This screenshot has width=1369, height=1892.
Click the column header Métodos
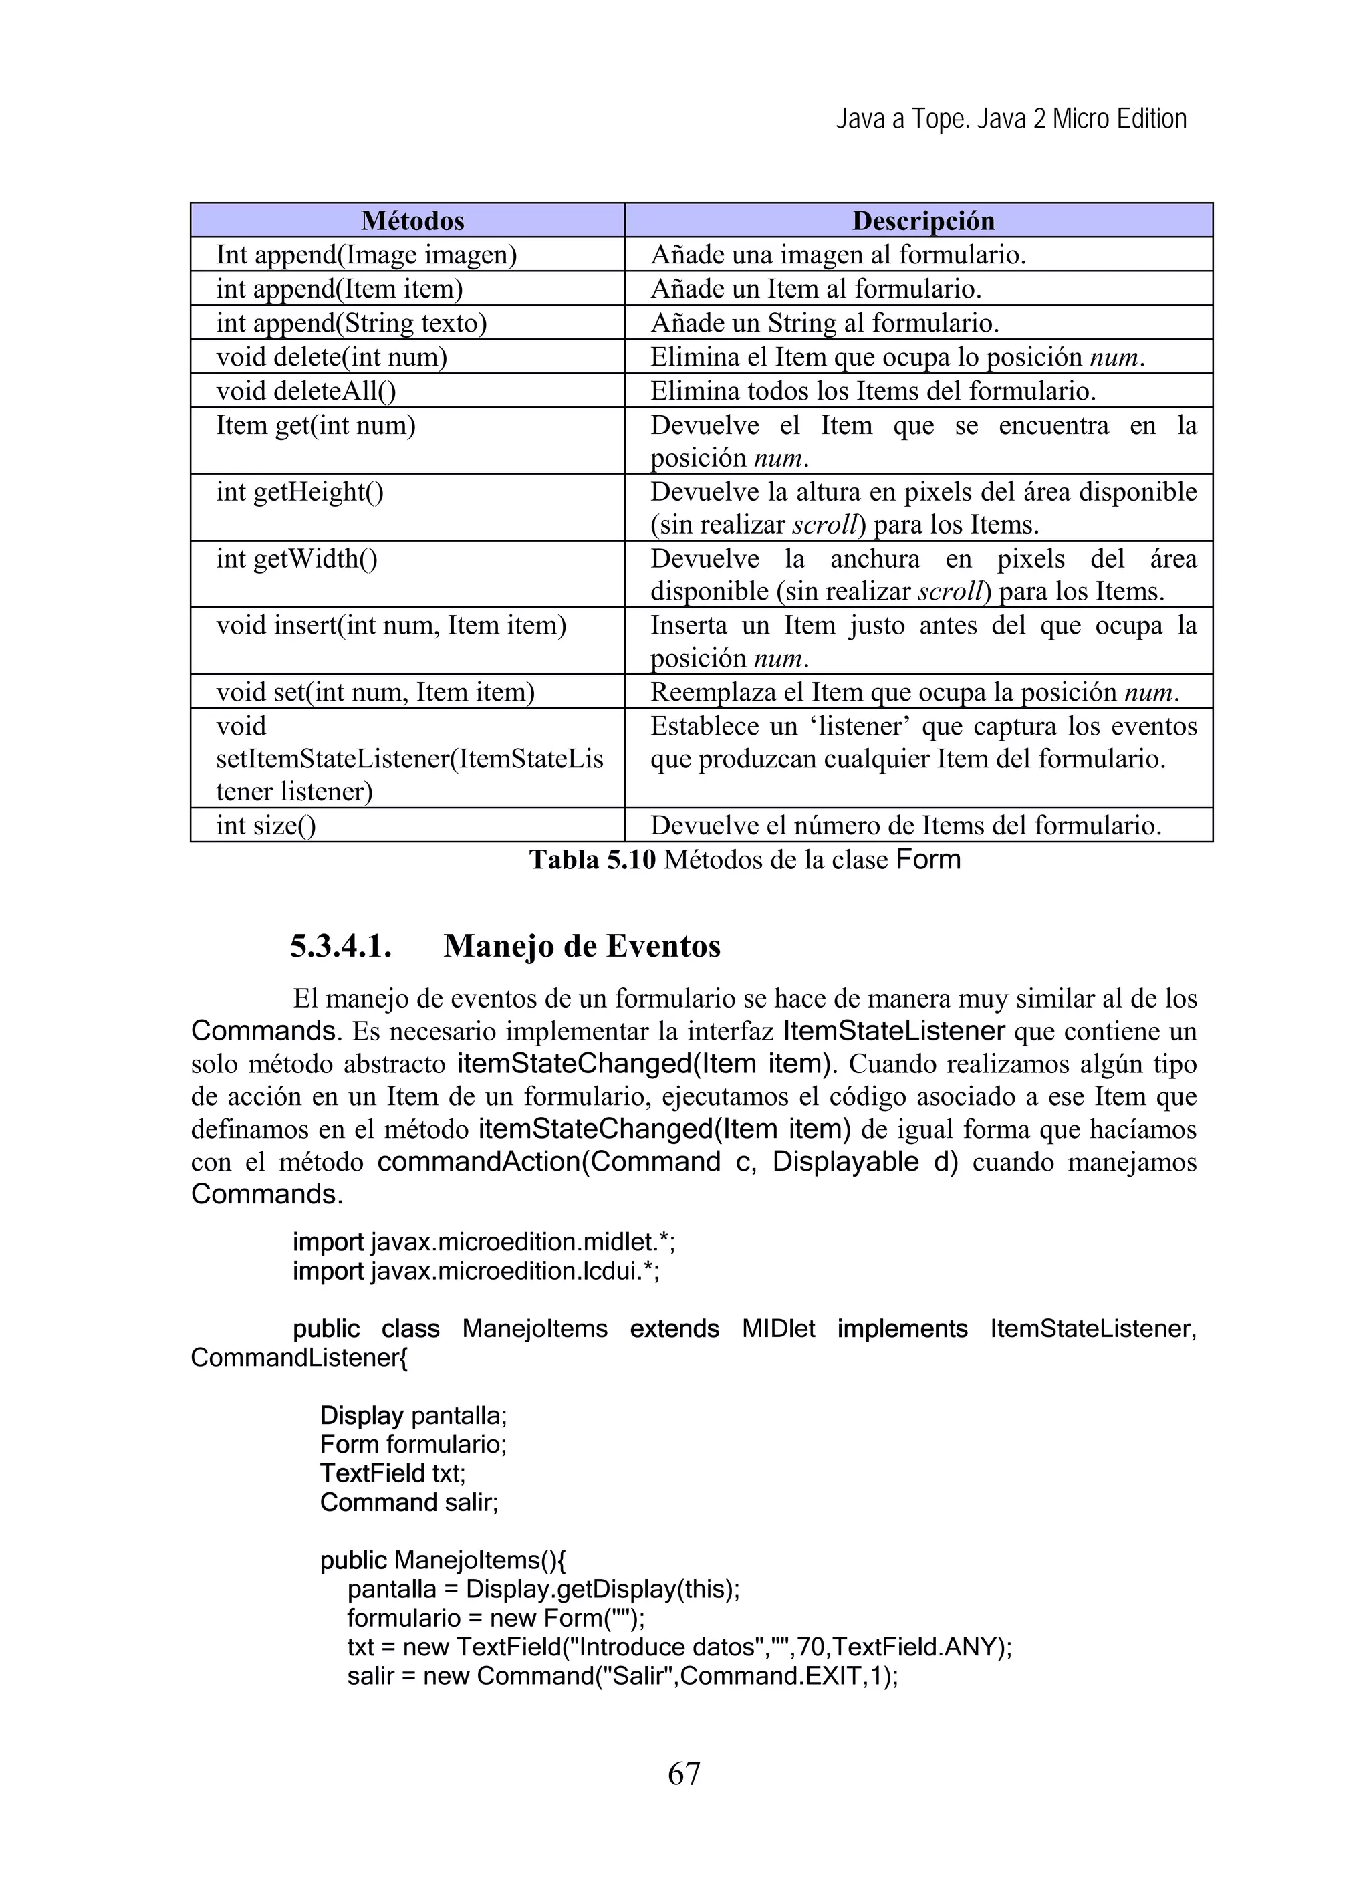tap(412, 220)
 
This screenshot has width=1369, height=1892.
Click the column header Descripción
tap(922, 220)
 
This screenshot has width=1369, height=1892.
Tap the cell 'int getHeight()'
tap(299, 491)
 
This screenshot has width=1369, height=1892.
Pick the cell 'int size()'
tap(266, 825)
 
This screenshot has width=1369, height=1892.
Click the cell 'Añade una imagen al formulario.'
tap(838, 255)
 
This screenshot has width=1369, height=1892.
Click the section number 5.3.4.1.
tap(341, 946)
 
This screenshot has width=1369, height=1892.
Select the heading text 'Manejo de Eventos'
tap(582, 946)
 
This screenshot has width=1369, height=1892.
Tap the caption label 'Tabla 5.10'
tap(592, 859)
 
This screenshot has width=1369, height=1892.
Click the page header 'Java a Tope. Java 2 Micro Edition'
tap(1011, 119)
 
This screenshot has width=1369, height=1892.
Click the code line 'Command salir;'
tap(409, 1502)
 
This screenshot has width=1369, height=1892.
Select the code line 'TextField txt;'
tap(392, 1473)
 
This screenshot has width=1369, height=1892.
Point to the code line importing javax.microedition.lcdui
tap(475, 1272)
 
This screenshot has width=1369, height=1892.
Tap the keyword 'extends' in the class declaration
tap(674, 1329)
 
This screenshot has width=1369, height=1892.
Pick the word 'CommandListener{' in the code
tap(299, 1357)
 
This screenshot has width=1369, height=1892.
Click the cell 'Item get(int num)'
tap(316, 425)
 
